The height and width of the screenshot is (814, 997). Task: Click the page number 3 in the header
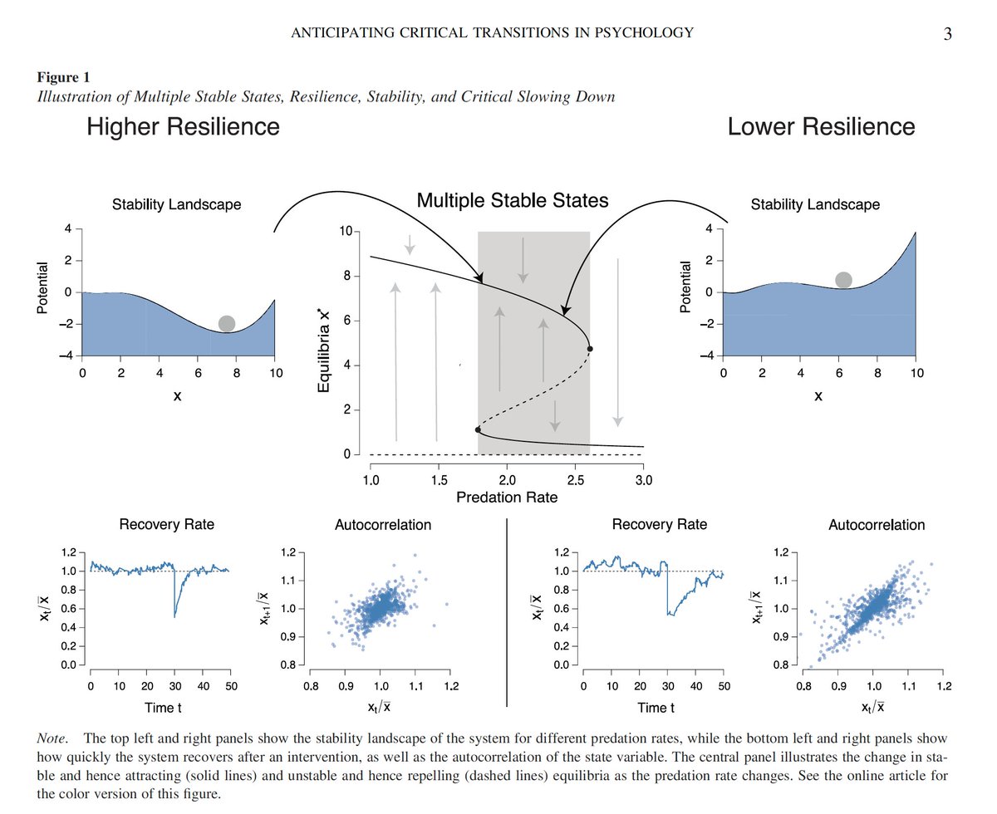tap(947, 34)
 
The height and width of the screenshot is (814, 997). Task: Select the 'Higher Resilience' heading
tap(183, 127)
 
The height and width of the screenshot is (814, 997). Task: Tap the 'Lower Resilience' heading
tap(821, 127)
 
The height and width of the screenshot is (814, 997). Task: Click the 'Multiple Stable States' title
tap(513, 200)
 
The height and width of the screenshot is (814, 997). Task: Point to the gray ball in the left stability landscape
tap(227, 323)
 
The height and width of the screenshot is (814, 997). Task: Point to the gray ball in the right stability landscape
tap(843, 280)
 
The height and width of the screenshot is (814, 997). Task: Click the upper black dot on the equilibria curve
tap(590, 349)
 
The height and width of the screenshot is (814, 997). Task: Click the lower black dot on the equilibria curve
tap(478, 429)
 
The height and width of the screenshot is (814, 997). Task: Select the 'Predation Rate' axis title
tap(506, 498)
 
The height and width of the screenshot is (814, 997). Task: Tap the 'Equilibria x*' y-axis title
tap(329, 342)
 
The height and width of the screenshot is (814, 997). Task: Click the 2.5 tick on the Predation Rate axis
tap(575, 479)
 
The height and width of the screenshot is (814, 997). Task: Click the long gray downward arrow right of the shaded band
tap(617, 341)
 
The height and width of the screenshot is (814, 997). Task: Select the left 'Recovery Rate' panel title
tap(166, 524)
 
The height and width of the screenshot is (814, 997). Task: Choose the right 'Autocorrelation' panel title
tap(877, 525)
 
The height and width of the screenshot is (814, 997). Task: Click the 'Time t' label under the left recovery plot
tap(160, 708)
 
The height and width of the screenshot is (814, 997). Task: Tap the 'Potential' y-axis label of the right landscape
tap(685, 287)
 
